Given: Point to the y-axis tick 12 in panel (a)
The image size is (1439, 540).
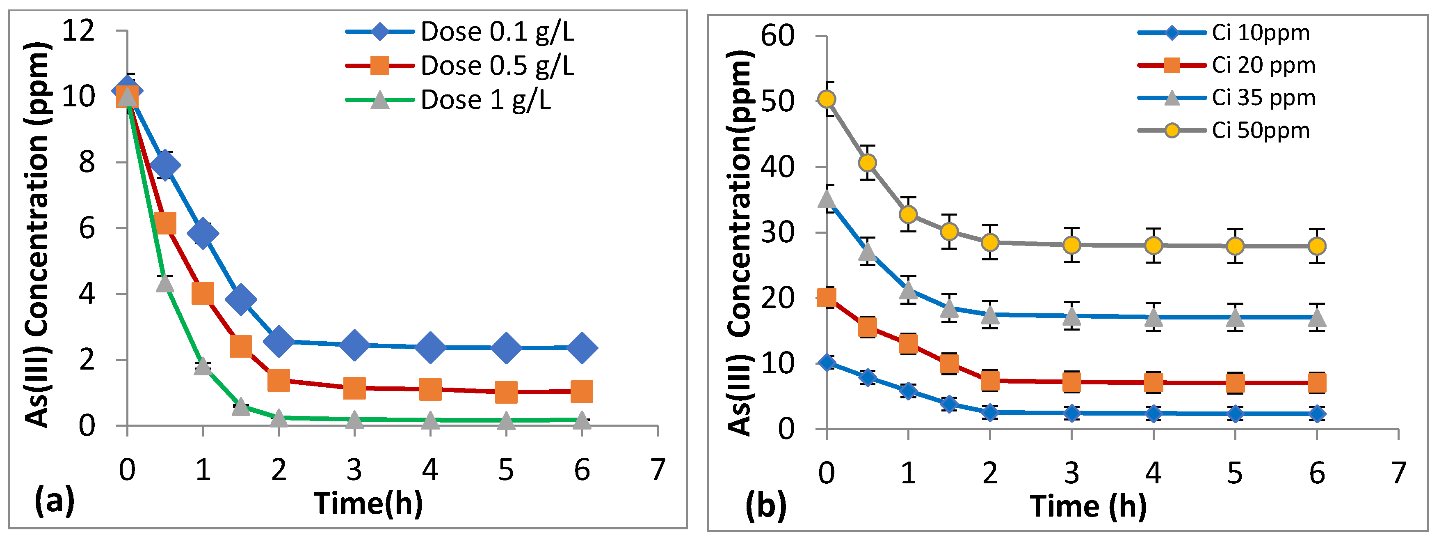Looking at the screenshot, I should coord(78,30).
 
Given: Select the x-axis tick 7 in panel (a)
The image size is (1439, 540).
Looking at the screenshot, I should coord(658,469).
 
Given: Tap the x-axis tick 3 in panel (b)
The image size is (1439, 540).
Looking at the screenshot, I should coord(1071,473).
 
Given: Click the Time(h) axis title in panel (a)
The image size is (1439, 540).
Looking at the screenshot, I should coord(368,503).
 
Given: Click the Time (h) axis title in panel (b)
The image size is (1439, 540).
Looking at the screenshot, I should coord(1088,506).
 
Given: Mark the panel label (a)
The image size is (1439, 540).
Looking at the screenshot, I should coord(54,501).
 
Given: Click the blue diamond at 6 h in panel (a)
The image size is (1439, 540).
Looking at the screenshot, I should coord(582,348).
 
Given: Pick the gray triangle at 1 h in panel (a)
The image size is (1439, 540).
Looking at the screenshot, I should coord(202,366).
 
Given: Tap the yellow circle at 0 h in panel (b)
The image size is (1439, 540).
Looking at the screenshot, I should coord(827,99).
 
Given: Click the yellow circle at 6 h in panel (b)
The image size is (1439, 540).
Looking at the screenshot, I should coord(1317,246).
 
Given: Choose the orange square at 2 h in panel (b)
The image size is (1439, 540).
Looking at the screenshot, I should coord(990,380).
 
